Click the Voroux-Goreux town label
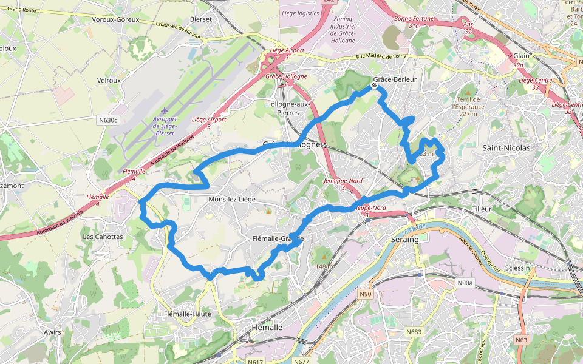tap(115, 19)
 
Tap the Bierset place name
tap(200, 19)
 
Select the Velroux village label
tap(109, 79)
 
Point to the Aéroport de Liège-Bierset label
tap(164, 124)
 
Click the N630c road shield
tap(107, 120)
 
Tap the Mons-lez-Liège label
tap(232, 199)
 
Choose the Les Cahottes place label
tap(103, 237)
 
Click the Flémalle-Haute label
tap(187, 314)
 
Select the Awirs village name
tap(53, 332)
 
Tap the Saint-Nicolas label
tap(506, 147)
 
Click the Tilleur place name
tap(481, 209)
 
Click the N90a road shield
tap(465, 283)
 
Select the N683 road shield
tap(414, 332)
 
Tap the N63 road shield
tap(521, 340)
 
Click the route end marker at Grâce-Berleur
tap(375, 86)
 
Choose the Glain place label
tap(522, 56)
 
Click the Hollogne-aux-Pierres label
tap(287, 108)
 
